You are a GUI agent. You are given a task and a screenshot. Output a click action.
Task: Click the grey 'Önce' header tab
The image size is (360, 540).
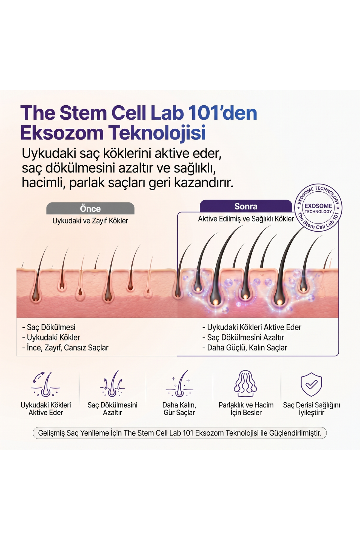point(90,208)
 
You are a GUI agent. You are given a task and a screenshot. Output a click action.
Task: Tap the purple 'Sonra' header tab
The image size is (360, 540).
point(246,206)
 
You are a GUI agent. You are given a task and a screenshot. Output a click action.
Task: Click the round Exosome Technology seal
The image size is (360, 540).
point(318,208)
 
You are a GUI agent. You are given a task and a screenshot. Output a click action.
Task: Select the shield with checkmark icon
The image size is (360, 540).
point(311,384)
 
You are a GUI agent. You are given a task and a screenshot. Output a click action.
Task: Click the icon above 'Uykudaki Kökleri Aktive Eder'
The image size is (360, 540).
point(46,384)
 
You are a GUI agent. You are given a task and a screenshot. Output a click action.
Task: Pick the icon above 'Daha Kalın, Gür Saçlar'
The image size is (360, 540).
point(179,384)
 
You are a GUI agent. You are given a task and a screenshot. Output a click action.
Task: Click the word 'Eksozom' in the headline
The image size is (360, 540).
point(62,133)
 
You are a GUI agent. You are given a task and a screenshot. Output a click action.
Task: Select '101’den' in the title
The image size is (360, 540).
point(223,113)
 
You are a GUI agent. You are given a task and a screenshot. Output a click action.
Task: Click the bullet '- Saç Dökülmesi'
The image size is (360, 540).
point(49,327)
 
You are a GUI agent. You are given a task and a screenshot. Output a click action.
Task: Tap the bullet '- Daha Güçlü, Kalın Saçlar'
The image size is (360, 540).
point(245,348)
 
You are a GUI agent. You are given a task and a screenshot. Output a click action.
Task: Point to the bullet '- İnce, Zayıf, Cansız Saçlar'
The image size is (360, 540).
point(65,348)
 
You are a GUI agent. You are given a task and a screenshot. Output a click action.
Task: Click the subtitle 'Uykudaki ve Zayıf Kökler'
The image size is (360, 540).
point(90,221)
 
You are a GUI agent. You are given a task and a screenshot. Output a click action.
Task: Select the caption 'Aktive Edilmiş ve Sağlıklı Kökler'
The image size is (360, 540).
point(246,219)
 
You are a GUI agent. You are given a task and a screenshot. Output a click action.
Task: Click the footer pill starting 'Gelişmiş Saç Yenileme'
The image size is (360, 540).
point(179,433)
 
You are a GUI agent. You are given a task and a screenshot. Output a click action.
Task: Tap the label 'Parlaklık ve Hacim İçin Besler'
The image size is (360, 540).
point(246,409)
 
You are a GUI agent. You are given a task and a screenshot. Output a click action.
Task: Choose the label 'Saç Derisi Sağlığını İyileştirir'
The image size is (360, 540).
point(311,409)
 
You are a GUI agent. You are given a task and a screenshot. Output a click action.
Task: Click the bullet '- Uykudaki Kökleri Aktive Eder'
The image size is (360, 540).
point(252,327)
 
